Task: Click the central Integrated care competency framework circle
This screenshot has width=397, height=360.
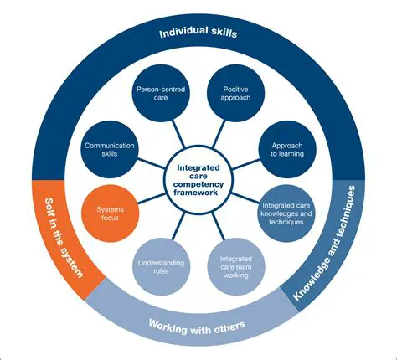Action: click(x=198, y=178)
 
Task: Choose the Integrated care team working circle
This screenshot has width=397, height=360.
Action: click(x=237, y=265)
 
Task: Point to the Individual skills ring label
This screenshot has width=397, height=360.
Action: click(x=198, y=34)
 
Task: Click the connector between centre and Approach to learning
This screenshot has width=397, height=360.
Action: click(x=246, y=159)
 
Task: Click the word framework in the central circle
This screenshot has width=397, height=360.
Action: click(x=198, y=192)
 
